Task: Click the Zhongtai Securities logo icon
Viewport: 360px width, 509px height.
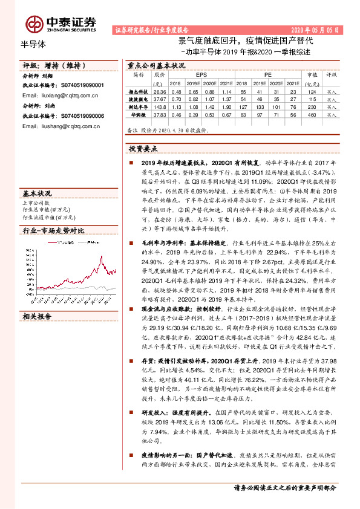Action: (34, 23)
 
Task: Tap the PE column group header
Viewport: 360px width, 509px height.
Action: (267, 75)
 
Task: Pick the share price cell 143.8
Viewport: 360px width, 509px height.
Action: (160, 105)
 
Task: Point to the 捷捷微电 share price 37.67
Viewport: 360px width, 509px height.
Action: (160, 98)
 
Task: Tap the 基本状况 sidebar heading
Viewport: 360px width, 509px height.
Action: (38, 193)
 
